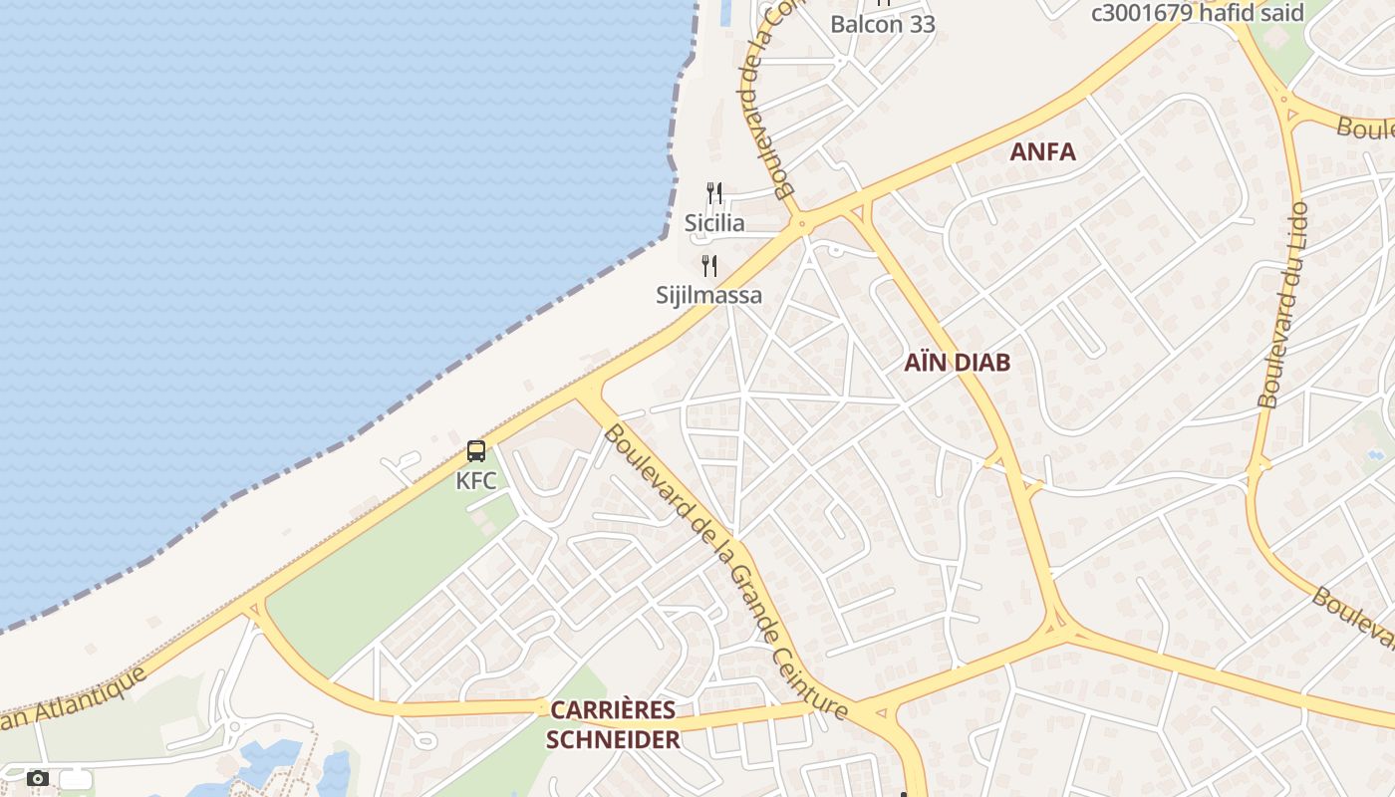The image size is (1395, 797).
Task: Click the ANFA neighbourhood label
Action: [x=1042, y=152]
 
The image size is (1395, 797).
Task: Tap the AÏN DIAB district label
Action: [x=957, y=363]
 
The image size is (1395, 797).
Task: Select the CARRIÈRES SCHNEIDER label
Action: [x=613, y=724]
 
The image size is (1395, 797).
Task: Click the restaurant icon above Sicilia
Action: [x=714, y=193]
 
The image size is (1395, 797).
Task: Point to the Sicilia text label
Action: [x=714, y=223]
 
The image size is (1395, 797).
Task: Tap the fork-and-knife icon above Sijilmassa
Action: [x=709, y=266]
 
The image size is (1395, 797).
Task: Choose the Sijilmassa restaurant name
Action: [x=708, y=295]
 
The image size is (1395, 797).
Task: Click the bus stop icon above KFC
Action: [x=476, y=451]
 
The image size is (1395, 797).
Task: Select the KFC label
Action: [x=476, y=481]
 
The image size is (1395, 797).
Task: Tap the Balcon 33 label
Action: [x=883, y=24]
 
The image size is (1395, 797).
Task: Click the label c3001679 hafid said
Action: [x=1198, y=13]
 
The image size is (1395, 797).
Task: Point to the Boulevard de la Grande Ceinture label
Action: [x=725, y=572]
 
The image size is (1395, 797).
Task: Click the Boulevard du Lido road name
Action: [x=1283, y=306]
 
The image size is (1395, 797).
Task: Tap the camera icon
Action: [x=38, y=778]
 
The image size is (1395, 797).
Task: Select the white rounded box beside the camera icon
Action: [x=76, y=779]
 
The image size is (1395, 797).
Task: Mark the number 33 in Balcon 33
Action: [x=921, y=24]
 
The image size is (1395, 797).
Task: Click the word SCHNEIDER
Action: [x=613, y=739]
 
